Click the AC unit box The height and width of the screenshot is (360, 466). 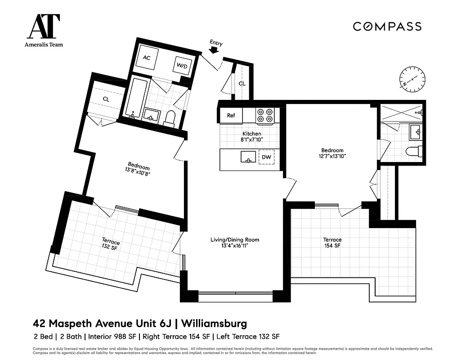click(x=147, y=58)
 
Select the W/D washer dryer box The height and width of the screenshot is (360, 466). click(x=182, y=66)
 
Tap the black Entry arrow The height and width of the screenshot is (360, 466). click(x=215, y=50)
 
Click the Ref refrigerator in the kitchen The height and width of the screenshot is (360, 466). click(x=231, y=116)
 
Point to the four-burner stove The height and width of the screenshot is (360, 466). click(x=265, y=116)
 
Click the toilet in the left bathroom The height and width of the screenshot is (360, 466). click(x=170, y=117)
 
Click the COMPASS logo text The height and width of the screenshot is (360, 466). click(x=387, y=27)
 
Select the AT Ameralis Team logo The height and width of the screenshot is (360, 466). click(x=44, y=30)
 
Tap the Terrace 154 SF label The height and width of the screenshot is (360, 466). click(x=332, y=243)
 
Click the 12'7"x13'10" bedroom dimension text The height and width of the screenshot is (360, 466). click(x=332, y=156)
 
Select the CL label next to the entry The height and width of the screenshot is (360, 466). click(x=242, y=84)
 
